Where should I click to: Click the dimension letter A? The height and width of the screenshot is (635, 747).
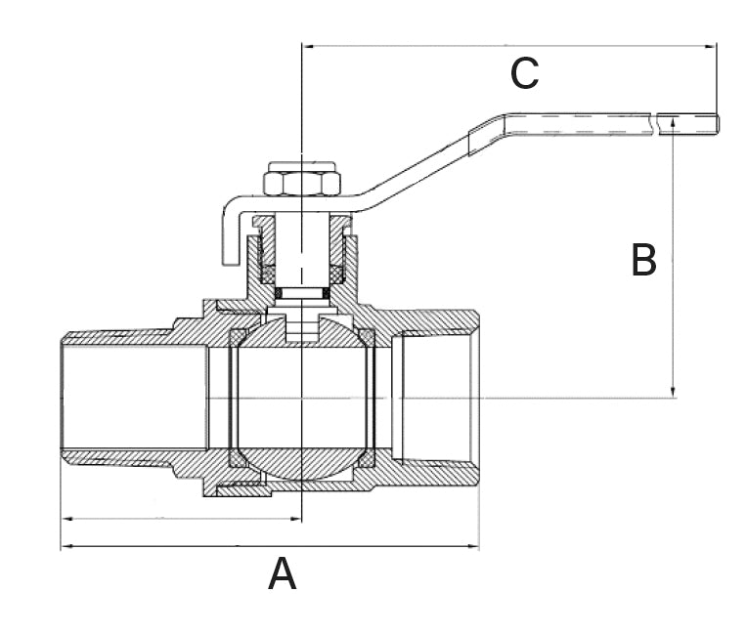click(x=283, y=573)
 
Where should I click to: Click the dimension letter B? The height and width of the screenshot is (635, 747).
click(x=643, y=260)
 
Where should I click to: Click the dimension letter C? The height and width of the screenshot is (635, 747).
click(x=524, y=74)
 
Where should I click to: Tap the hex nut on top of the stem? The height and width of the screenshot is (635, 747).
click(x=301, y=183)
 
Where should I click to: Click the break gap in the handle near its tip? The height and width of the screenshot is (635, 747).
click(x=654, y=124)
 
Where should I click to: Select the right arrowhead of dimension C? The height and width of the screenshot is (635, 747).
click(x=710, y=46)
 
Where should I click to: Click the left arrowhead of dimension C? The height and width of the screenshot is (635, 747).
click(x=308, y=46)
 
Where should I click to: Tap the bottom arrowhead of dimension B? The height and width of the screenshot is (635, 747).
click(x=673, y=391)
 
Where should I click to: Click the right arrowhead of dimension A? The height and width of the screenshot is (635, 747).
click(x=472, y=546)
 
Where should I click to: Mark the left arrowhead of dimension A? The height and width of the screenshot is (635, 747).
click(x=67, y=546)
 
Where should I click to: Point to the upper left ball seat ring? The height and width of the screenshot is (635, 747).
click(x=238, y=337)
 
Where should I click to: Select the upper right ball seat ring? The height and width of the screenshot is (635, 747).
click(x=367, y=337)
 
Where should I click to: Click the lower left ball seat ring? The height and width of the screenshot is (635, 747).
click(x=238, y=459)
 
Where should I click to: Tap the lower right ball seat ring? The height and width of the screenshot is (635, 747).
click(x=367, y=459)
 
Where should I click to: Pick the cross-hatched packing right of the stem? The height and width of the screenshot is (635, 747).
click(x=336, y=274)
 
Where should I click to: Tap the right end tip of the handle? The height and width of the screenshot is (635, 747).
click(x=717, y=124)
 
